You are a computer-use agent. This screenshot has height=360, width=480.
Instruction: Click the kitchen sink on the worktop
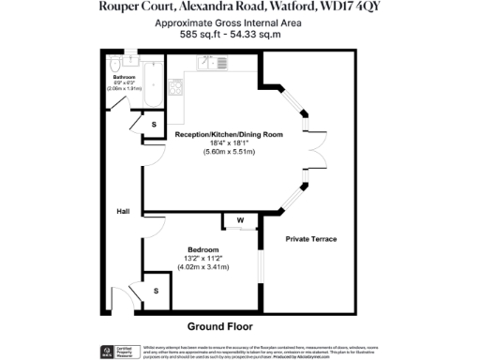click(x=205, y=62)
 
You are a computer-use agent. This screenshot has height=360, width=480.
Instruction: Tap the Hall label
click(x=123, y=211)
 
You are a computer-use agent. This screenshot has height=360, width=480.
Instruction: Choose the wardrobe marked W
click(x=240, y=221)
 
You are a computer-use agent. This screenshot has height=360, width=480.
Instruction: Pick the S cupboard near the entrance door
click(x=155, y=291)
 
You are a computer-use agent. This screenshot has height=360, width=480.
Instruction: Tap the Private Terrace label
click(x=311, y=239)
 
